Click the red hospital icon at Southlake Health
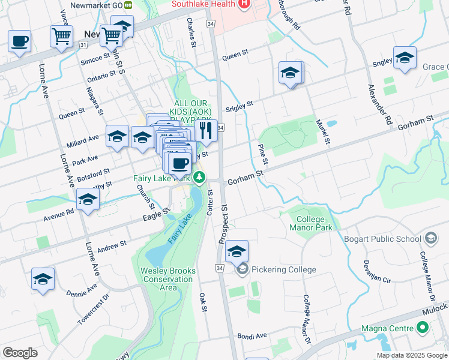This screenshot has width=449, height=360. click(244, 4)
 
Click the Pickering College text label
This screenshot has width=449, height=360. click(283, 269)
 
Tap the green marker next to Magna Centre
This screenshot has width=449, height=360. click(423, 328)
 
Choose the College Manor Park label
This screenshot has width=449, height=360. click(310, 223)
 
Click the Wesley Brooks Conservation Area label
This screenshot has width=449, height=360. click(168, 279)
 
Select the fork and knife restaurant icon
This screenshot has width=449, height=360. click(206, 130)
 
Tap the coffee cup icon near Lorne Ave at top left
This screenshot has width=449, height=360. click(19, 41)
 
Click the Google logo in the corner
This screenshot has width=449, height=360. click(20, 352)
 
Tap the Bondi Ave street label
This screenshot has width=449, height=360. click(252, 336)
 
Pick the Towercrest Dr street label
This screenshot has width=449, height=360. click(94, 310)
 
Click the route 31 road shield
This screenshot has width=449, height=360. click(83, 44)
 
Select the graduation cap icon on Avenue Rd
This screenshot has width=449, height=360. click(88, 199)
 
